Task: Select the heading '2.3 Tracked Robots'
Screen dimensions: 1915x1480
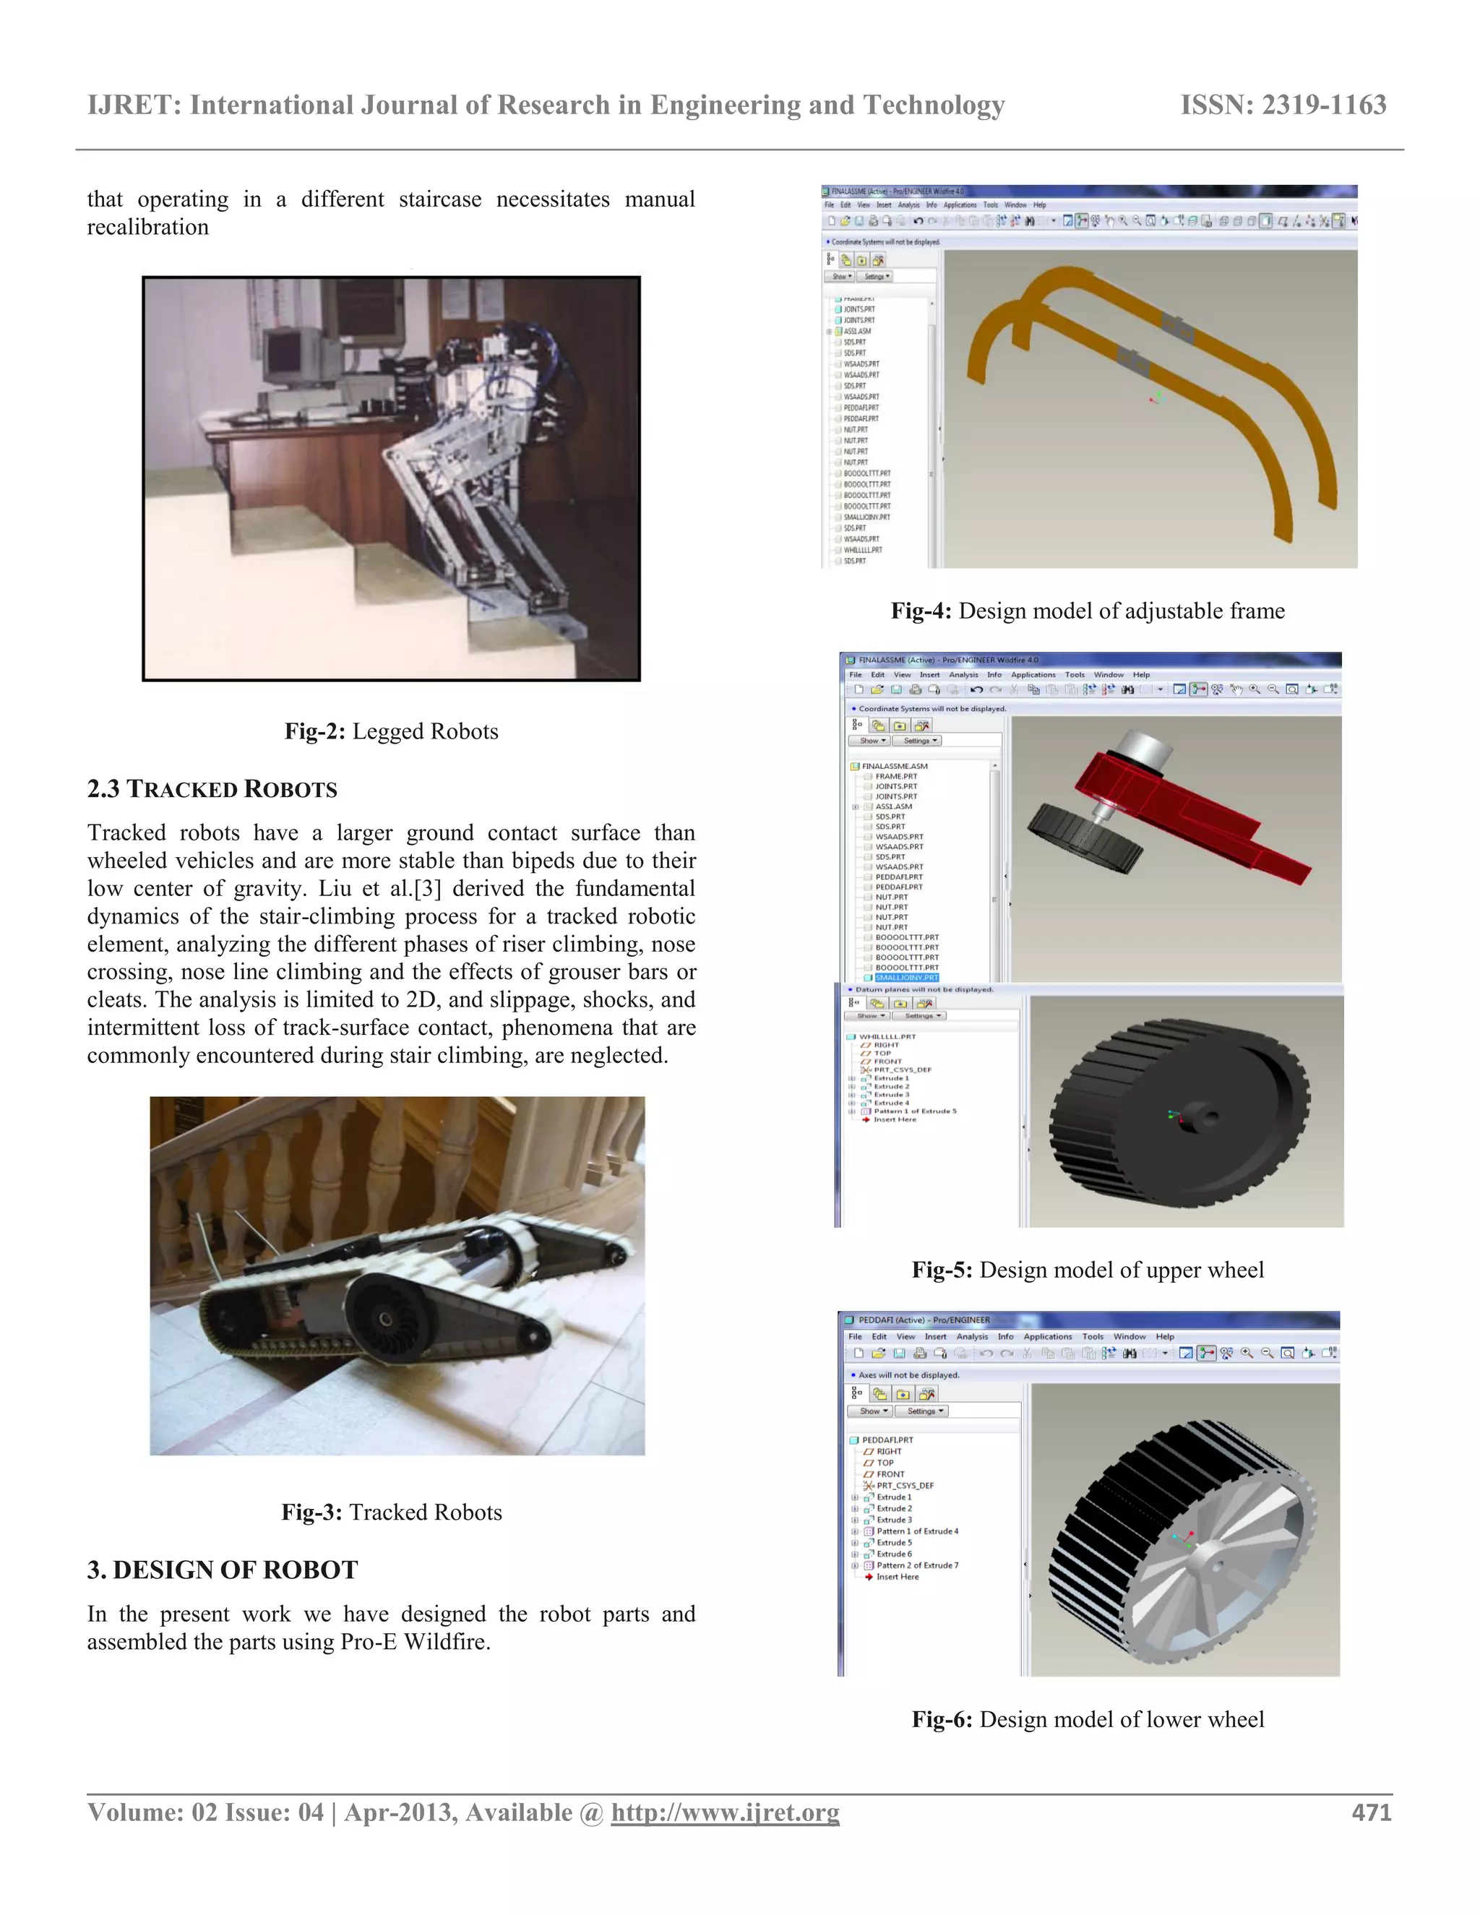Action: [212, 789]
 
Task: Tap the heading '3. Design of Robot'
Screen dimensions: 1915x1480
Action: [223, 1570]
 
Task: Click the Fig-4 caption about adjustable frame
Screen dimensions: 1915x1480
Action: [1087, 611]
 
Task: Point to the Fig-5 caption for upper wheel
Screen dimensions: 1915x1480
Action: [1087, 1270]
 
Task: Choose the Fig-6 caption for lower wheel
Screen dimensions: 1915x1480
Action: [1087, 1719]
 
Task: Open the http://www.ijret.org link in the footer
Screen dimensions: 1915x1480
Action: [725, 1812]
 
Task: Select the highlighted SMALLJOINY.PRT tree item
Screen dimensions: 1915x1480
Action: [907, 978]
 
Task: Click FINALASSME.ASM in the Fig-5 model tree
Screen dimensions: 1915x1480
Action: [895, 765]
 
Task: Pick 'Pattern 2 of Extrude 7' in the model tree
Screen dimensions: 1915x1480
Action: [917, 1565]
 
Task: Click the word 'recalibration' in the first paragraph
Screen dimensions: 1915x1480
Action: [148, 227]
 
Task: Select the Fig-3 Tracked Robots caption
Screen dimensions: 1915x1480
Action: [391, 1512]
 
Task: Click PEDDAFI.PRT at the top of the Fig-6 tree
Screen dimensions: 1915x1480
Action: [887, 1440]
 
